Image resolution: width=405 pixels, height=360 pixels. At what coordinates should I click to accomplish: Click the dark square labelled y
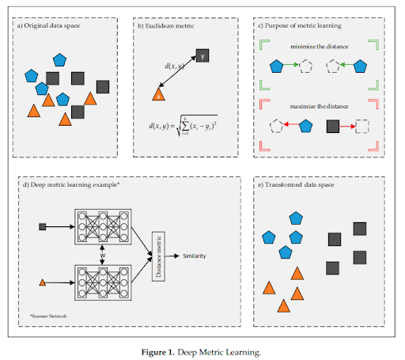pos(202,56)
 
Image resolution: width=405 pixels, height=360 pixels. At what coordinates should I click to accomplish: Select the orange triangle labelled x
pos(158,94)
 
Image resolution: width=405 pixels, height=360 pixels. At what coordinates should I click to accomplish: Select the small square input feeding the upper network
pos(43,227)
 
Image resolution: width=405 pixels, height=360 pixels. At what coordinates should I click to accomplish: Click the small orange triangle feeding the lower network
pos(43,282)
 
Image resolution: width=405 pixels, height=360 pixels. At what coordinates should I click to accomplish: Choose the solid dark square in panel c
pos(334,125)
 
